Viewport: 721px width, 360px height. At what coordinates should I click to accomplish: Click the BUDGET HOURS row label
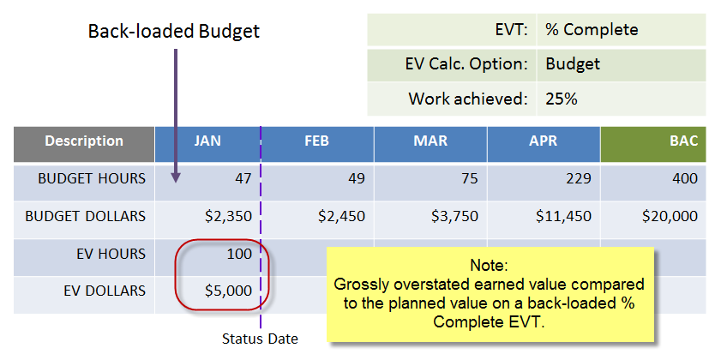[x=92, y=178]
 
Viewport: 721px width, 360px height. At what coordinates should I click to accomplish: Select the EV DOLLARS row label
[x=105, y=291]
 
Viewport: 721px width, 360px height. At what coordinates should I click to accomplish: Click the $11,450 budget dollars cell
[x=563, y=216]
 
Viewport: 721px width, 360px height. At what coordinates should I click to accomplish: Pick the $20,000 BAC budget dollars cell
[x=670, y=216]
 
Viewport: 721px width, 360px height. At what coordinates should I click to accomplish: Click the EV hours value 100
[x=238, y=254]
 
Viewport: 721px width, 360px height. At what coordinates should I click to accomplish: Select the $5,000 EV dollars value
[x=229, y=291]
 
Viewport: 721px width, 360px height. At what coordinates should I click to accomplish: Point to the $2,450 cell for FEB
[x=341, y=216]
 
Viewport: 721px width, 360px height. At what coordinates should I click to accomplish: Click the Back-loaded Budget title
[x=174, y=32]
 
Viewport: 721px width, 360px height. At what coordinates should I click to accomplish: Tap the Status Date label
[x=260, y=339]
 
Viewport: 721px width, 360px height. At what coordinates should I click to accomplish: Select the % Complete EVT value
[x=592, y=30]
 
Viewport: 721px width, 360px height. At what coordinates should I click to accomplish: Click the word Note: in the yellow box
[x=489, y=266]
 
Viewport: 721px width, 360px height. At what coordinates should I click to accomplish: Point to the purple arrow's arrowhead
[x=176, y=178]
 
